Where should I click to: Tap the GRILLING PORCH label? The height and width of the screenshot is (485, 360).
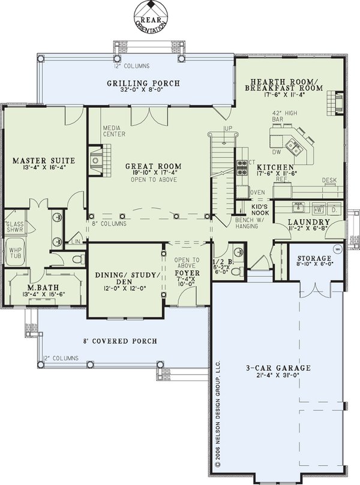[x=143, y=83]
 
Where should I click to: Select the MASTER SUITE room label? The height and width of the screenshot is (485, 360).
[x=44, y=161]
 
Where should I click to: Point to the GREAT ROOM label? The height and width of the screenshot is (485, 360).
[x=153, y=166]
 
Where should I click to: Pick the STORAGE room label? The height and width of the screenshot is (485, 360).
[x=313, y=259]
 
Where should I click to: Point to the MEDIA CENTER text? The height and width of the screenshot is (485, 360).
[x=114, y=131]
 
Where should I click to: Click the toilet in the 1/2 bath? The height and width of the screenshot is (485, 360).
[x=238, y=271]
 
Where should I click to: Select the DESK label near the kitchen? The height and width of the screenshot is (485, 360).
[x=329, y=180]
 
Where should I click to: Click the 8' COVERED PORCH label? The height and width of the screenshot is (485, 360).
[x=120, y=341]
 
